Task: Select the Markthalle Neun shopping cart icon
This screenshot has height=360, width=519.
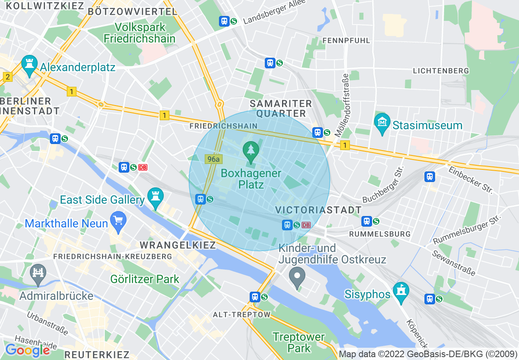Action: coord(118,222)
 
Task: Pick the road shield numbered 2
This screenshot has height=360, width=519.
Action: coord(7,77)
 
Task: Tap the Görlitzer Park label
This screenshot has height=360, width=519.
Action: coord(145,279)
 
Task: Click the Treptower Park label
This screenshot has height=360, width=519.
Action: coord(299,343)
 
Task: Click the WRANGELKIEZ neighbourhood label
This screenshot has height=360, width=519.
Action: coord(178,245)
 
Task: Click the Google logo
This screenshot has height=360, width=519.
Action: coord(27,350)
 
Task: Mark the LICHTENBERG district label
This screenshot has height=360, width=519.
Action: coord(441,71)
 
